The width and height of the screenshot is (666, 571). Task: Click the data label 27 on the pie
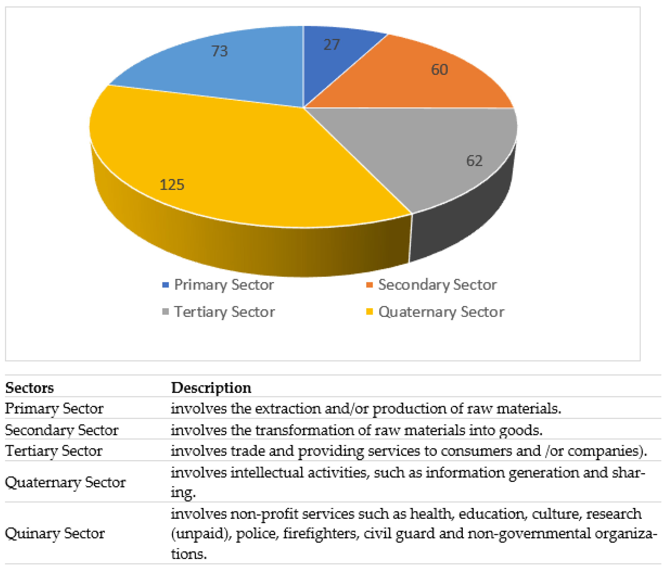pos(331,45)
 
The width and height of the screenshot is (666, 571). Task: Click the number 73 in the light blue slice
pos(220,51)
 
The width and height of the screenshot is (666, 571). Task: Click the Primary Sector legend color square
pos(166,285)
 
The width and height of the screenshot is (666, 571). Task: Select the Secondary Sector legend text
pos(437,285)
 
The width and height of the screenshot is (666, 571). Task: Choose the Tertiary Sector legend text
pos(224,312)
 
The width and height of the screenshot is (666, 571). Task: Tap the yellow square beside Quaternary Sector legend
pos(369,312)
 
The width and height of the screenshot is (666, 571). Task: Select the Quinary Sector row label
pos(55,533)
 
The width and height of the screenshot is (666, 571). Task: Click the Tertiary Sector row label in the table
pos(54,451)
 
